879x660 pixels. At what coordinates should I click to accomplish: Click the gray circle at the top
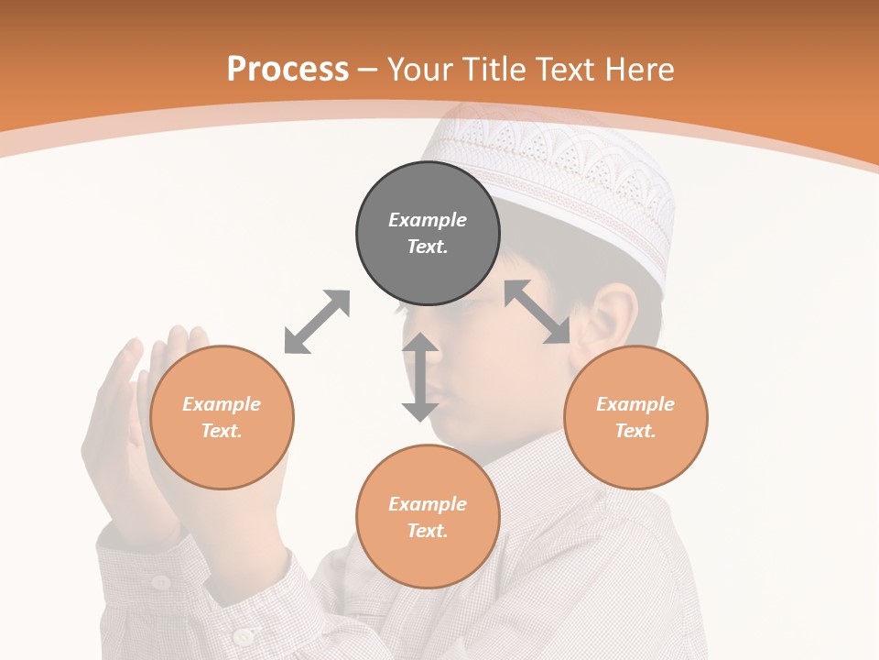428,234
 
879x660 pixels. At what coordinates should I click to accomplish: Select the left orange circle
222,418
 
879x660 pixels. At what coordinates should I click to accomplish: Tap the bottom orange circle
428,517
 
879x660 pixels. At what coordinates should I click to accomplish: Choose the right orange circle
635,418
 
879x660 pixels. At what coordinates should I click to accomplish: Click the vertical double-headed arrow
420,377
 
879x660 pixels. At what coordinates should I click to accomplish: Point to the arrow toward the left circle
317,322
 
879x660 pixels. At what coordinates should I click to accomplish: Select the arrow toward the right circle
537,312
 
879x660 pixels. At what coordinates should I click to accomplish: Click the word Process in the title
288,69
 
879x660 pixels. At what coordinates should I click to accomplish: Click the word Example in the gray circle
428,220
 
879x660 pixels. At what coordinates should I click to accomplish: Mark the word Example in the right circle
635,404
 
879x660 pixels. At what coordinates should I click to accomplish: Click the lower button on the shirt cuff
243,636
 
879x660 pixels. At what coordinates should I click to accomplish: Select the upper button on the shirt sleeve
161,581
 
